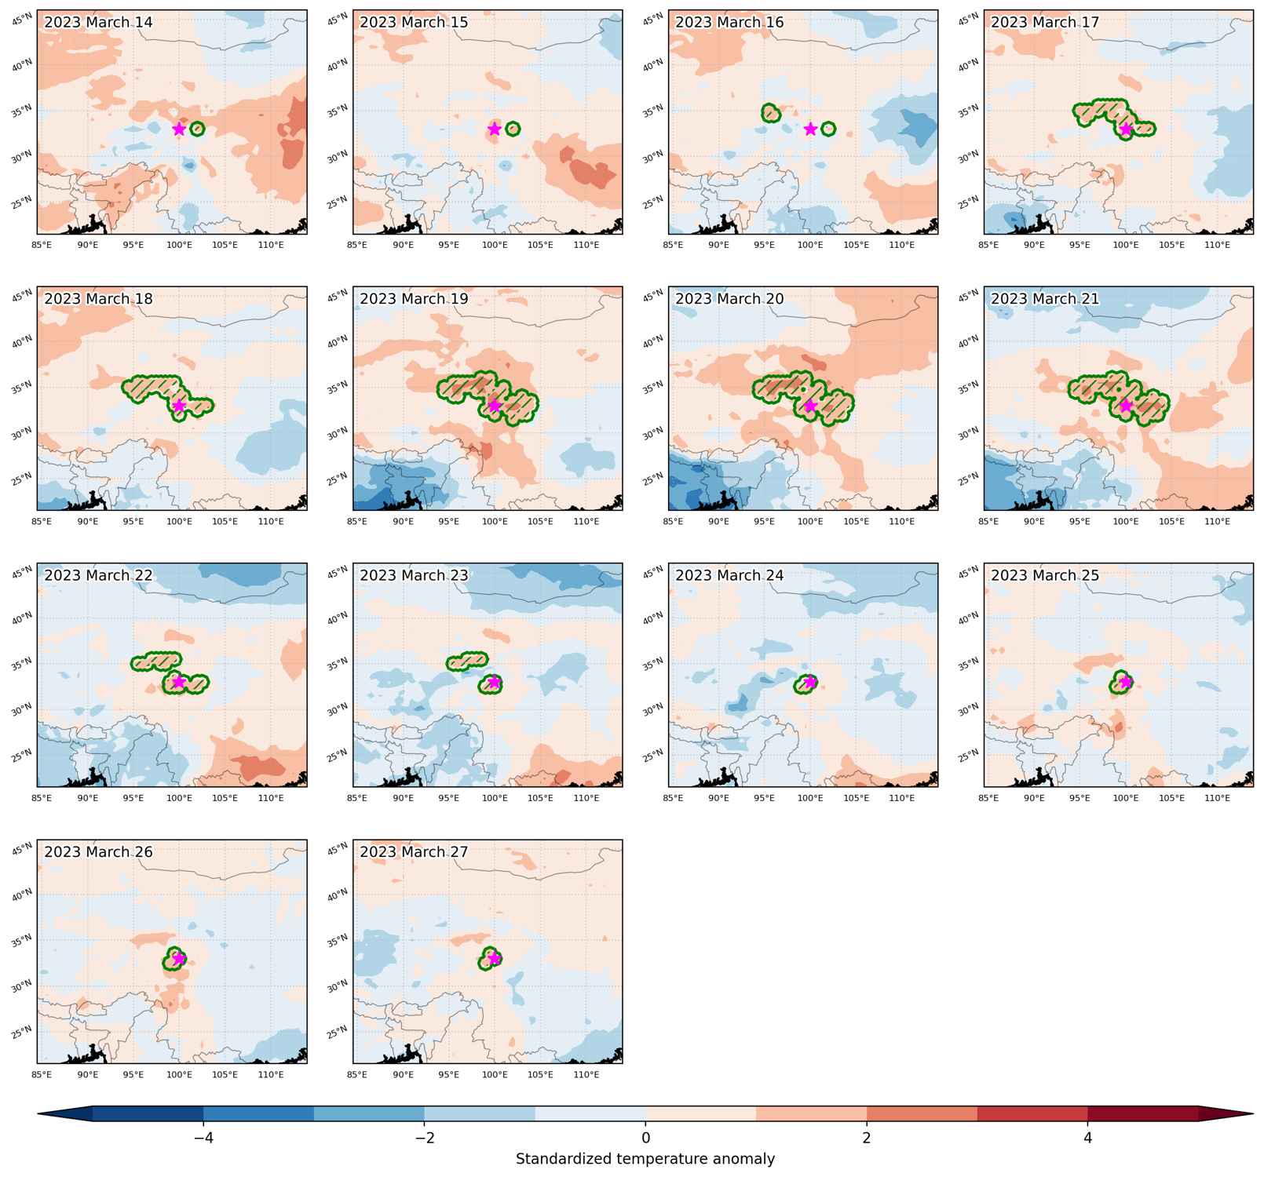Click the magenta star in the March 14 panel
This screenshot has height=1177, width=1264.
pyautogui.click(x=179, y=129)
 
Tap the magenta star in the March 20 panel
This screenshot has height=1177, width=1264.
pyautogui.click(x=810, y=406)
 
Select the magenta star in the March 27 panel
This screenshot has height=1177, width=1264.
pyautogui.click(x=495, y=958)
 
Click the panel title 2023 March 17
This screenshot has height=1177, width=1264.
pyautogui.click(x=1045, y=22)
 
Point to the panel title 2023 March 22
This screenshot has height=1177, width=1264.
pyautogui.click(x=98, y=575)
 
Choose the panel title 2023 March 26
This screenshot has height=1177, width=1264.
pyautogui.click(x=98, y=852)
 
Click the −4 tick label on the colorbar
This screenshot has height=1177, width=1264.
pyautogui.click(x=203, y=1137)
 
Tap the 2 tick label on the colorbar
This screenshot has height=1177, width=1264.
pyautogui.click(x=867, y=1137)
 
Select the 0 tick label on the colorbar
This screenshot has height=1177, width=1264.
pyautogui.click(x=645, y=1137)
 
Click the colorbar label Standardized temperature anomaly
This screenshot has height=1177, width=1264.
pyautogui.click(x=645, y=1159)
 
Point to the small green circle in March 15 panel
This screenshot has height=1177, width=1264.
pyautogui.click(x=513, y=129)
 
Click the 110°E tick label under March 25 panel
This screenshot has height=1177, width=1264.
pyautogui.click(x=1218, y=798)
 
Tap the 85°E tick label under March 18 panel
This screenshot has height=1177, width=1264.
pyautogui.click(x=42, y=522)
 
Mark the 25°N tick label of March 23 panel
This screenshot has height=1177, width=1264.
pyautogui.click(x=338, y=755)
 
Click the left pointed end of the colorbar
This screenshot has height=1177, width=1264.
pyautogui.click(x=38, y=1114)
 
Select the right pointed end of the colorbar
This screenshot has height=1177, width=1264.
pyautogui.click(x=1252, y=1114)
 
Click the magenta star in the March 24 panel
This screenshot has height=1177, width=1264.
pyautogui.click(x=810, y=682)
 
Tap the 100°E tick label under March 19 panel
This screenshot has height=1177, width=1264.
pyautogui.click(x=495, y=522)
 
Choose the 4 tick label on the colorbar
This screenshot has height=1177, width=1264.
pyautogui.click(x=1088, y=1137)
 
